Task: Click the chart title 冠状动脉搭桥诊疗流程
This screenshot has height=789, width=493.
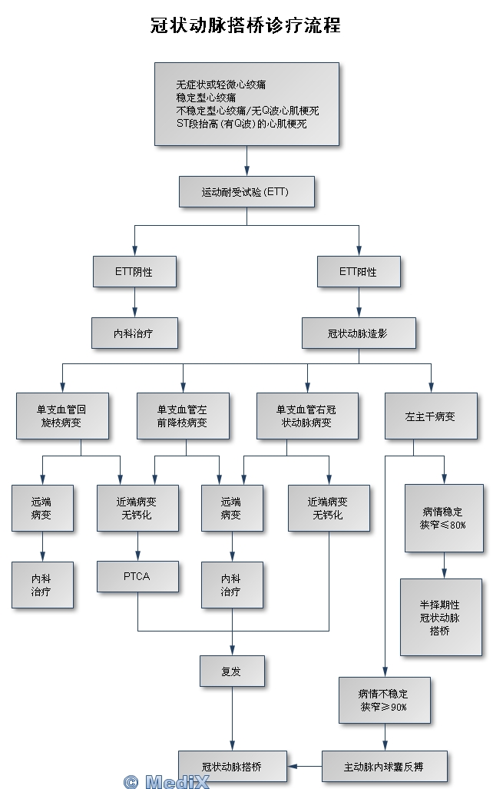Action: [246, 25]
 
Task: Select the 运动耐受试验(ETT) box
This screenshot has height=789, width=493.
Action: [246, 191]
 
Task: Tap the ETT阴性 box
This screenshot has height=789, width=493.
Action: [134, 271]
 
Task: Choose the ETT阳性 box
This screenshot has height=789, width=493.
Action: [359, 271]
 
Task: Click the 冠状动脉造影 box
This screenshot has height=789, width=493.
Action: [359, 333]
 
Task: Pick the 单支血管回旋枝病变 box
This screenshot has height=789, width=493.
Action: [61, 416]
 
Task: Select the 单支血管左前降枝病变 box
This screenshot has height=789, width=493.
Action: [182, 416]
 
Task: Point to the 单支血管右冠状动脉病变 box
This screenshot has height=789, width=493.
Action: [306, 416]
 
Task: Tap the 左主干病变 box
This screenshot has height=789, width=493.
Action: [430, 416]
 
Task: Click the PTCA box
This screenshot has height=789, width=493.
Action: [137, 576]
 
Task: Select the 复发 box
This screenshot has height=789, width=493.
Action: [231, 671]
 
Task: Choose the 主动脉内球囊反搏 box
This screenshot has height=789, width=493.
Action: [384, 766]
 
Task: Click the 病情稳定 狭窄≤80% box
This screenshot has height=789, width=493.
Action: [443, 518]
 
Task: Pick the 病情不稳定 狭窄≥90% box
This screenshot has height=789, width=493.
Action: [383, 700]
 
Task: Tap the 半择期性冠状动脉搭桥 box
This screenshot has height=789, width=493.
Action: [440, 616]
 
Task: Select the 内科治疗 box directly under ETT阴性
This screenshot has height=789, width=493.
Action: [134, 333]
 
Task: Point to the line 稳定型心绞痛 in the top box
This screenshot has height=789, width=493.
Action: [206, 98]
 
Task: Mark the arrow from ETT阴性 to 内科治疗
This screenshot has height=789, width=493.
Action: [134, 302]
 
